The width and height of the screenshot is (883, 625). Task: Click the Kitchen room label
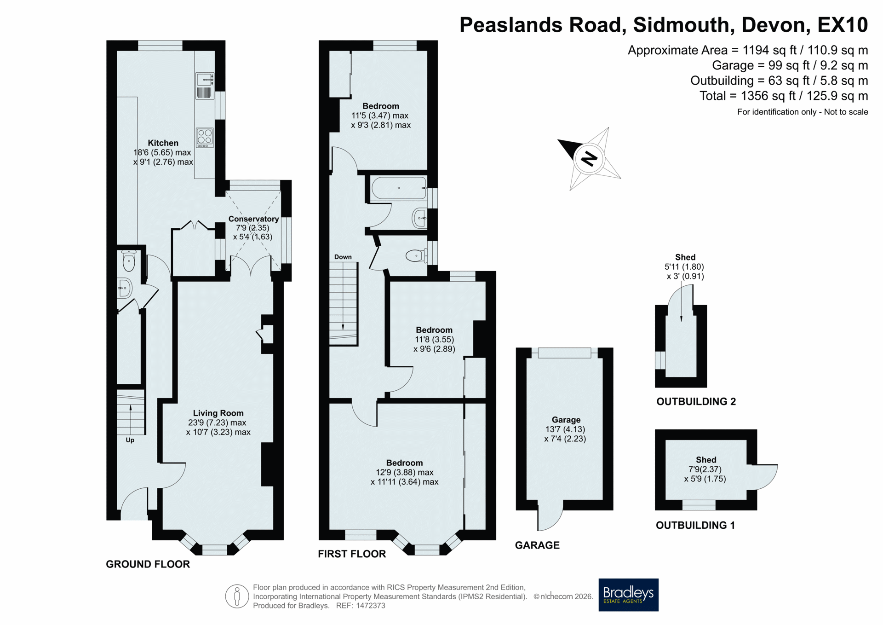click(x=163, y=143)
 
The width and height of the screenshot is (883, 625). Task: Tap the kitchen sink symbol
click(x=205, y=86)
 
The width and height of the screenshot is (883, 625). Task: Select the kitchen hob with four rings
click(x=205, y=138)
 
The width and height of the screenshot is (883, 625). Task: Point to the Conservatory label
click(x=253, y=219)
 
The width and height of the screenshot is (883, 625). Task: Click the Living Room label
click(x=218, y=413)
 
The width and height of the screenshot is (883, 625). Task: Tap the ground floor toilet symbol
click(x=129, y=261)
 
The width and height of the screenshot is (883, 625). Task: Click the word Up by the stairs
click(x=130, y=440)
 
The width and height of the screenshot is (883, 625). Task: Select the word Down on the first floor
click(x=343, y=257)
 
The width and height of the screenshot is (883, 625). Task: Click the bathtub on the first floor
click(x=399, y=188)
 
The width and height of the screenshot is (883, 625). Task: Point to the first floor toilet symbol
click(x=416, y=255)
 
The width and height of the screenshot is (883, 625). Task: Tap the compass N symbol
click(x=589, y=159)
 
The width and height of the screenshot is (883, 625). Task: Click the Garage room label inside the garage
click(x=566, y=420)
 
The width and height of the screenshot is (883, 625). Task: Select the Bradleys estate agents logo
click(x=628, y=595)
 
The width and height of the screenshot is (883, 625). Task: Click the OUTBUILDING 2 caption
click(x=696, y=401)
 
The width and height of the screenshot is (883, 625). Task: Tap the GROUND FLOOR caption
click(x=148, y=564)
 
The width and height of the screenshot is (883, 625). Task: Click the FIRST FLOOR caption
click(x=352, y=554)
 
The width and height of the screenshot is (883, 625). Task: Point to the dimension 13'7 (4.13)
click(x=565, y=429)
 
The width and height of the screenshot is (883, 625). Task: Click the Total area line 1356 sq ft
click(x=784, y=96)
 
